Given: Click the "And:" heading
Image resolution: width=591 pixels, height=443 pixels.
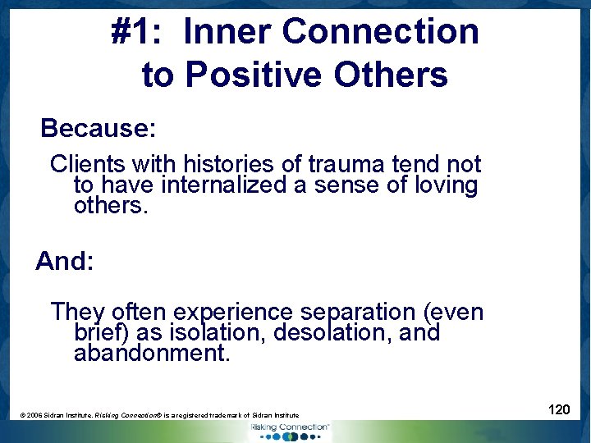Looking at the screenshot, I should (65, 262).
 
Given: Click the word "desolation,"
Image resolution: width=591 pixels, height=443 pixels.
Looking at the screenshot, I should (328, 333).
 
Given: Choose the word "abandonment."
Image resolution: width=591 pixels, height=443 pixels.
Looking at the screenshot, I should (152, 354).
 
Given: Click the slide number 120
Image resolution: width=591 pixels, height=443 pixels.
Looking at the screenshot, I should (559, 409).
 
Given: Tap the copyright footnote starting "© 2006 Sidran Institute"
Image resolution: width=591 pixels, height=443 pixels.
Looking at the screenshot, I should (159, 416).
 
